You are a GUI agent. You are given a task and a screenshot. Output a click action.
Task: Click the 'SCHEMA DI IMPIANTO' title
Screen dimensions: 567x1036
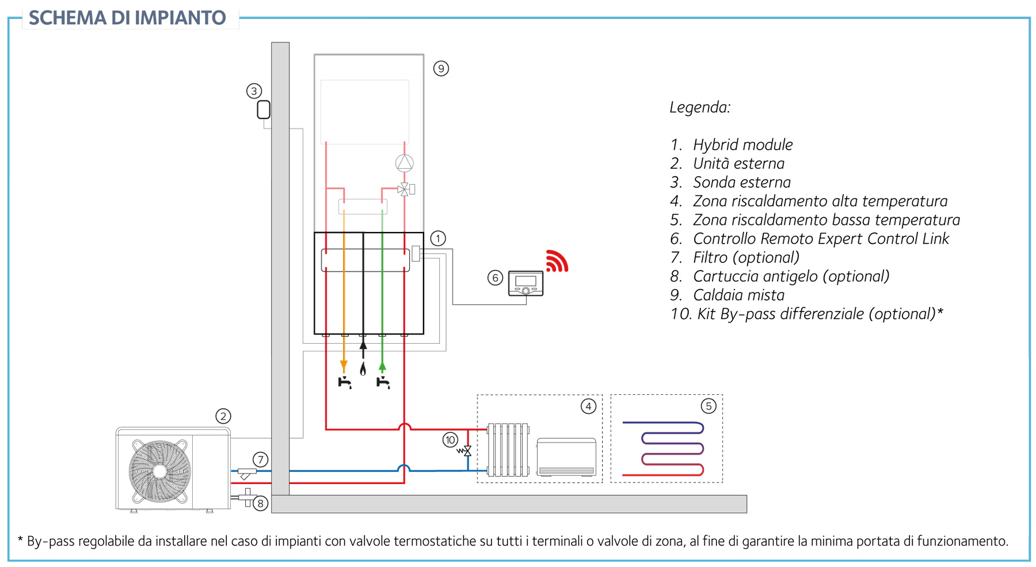[127, 18]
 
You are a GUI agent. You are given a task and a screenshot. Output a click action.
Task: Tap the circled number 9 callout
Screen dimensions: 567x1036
[441, 69]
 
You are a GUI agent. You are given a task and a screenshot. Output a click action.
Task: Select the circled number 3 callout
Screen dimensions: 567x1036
[254, 91]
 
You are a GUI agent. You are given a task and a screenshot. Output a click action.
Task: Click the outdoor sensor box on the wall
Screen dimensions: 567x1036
[264, 109]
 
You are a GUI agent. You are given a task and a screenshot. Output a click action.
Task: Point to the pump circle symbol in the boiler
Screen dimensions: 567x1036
[405, 163]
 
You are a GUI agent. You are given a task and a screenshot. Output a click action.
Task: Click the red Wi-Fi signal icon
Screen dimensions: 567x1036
[557, 261]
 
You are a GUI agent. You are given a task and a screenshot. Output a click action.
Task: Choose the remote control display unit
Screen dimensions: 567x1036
[525, 283]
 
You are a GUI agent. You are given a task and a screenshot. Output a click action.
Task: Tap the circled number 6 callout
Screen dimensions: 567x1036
[495, 278]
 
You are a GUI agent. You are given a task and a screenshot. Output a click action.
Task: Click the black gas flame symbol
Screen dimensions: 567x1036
[363, 369]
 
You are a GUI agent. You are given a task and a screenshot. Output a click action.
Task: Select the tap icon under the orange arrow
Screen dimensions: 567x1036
[345, 382]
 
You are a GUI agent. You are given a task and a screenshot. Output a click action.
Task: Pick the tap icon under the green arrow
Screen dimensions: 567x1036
[383, 382]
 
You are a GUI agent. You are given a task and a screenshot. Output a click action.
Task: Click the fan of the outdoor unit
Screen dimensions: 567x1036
[160, 471]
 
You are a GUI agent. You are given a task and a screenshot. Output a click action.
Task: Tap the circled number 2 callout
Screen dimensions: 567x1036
[223, 416]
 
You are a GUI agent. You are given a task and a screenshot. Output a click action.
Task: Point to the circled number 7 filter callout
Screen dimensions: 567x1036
[261, 459]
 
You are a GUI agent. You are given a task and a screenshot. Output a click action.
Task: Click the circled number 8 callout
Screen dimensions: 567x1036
[261, 503]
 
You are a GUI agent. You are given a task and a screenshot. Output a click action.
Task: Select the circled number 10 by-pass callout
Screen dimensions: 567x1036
[450, 440]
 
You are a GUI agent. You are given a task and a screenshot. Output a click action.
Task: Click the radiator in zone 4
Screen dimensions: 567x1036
[508, 450]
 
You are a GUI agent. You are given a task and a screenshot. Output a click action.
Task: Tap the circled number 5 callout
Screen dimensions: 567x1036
[709, 406]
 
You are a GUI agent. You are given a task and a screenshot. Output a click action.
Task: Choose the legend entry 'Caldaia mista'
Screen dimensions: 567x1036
[738, 295]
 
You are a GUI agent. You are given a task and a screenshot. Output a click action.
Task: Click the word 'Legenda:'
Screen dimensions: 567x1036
[700, 107]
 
